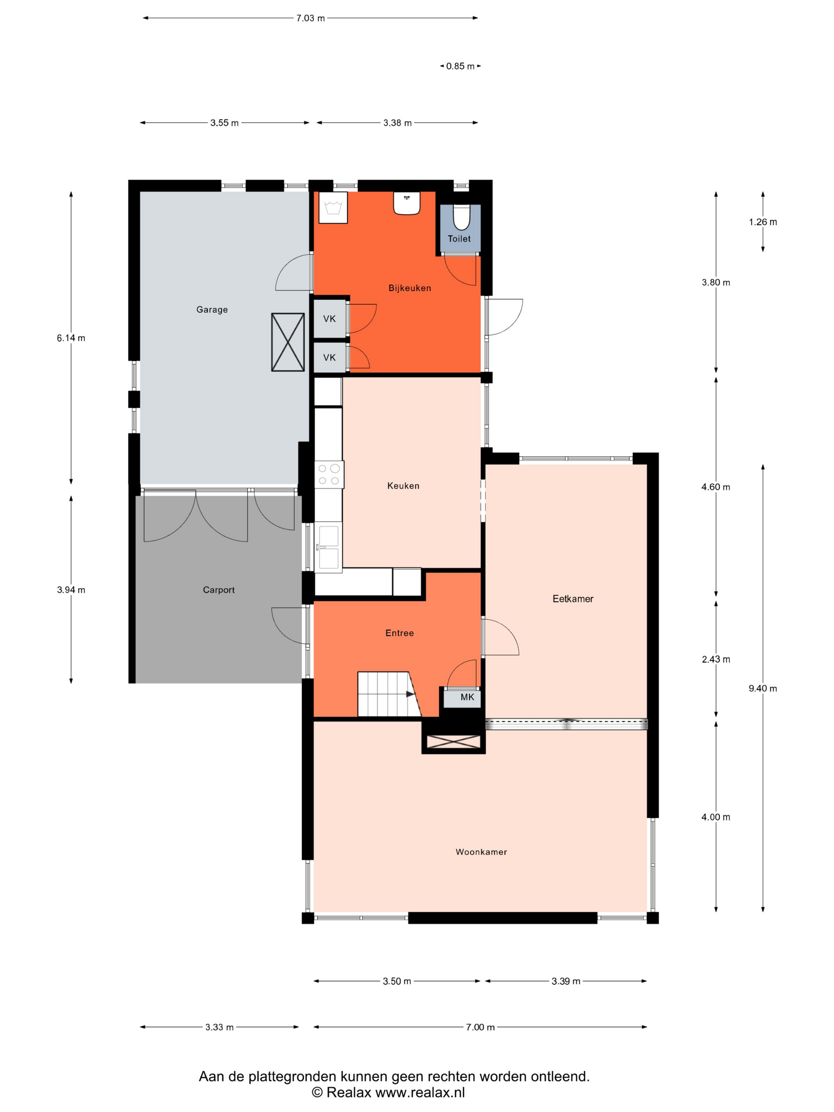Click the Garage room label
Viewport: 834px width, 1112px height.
(x=212, y=310)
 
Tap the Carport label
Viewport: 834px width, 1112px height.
(x=219, y=590)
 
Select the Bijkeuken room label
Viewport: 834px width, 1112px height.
(x=410, y=288)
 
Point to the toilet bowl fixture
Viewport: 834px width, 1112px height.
(x=461, y=217)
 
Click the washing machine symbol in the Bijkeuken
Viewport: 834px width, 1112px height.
(x=333, y=208)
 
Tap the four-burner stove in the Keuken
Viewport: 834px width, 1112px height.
(x=329, y=475)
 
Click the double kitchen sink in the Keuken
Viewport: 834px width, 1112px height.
(x=328, y=546)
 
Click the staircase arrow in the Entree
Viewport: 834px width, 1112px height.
(x=410, y=694)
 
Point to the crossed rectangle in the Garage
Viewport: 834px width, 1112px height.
(x=288, y=342)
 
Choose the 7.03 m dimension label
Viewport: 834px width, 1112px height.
(x=310, y=18)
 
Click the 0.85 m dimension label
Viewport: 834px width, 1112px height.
(x=460, y=66)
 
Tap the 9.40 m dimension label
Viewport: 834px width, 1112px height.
(x=763, y=688)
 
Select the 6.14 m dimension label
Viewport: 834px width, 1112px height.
(x=71, y=338)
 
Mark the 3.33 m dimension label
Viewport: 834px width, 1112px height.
(x=219, y=1027)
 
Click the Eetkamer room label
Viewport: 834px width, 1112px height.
(x=573, y=599)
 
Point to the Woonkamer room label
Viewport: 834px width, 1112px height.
(x=481, y=851)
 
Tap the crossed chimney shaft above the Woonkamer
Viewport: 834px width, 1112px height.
(x=454, y=742)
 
